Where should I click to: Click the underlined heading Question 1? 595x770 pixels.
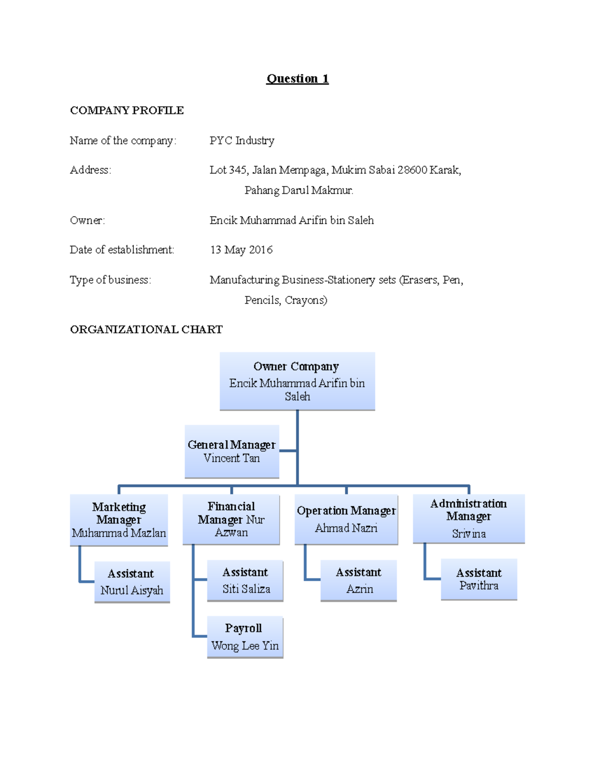click(x=297, y=79)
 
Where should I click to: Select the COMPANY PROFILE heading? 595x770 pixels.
click(x=127, y=111)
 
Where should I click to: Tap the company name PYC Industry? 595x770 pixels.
click(x=241, y=141)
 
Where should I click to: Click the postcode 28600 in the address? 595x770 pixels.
click(x=412, y=170)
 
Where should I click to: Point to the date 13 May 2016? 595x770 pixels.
click(x=241, y=250)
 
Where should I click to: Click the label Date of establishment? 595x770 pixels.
click(x=122, y=250)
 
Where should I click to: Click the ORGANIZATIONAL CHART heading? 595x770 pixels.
click(x=146, y=330)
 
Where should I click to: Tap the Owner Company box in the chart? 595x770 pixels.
click(x=297, y=381)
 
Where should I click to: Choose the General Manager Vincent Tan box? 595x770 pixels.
click(x=232, y=451)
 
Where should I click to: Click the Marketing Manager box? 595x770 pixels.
click(x=119, y=520)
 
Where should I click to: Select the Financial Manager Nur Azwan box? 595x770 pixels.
click(x=231, y=519)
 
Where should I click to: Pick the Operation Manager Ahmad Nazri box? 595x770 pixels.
click(x=346, y=519)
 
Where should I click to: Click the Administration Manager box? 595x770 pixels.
click(x=469, y=518)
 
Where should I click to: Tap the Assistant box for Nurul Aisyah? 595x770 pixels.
click(x=132, y=582)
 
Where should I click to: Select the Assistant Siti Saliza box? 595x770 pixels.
click(x=245, y=581)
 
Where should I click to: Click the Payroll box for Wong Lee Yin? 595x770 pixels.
click(x=245, y=637)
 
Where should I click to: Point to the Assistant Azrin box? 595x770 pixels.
click(x=358, y=581)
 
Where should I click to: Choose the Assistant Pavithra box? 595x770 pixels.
click(x=479, y=579)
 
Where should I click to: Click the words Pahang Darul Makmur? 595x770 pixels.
click(x=298, y=190)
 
